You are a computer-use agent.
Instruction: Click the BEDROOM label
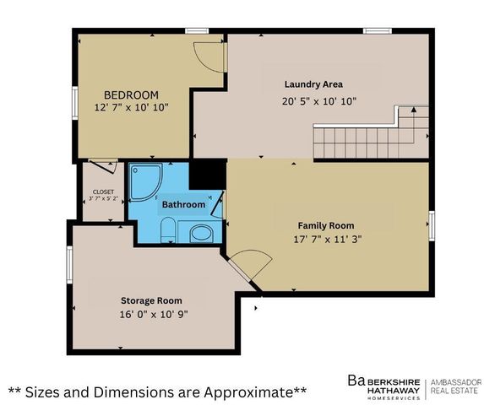click(131, 94)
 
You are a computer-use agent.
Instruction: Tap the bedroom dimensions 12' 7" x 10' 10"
click(132, 107)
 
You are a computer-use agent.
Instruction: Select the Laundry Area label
click(313, 84)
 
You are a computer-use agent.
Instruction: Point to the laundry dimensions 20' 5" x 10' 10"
click(319, 101)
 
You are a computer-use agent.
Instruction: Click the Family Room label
click(326, 225)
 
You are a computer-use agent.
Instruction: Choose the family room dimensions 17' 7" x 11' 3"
click(327, 239)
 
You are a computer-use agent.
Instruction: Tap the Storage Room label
click(151, 300)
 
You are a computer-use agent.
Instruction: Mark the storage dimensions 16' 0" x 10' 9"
click(154, 314)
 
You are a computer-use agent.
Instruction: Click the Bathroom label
click(183, 204)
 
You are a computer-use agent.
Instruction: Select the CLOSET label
click(103, 192)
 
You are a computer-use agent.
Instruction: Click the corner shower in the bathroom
click(145, 182)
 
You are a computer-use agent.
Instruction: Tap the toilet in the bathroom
click(168, 229)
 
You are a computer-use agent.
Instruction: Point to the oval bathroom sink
click(201, 234)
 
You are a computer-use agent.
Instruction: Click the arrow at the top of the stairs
click(414, 109)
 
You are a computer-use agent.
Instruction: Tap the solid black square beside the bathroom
click(208, 174)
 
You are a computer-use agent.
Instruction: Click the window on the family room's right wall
click(432, 225)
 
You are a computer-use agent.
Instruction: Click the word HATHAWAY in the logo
click(394, 390)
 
